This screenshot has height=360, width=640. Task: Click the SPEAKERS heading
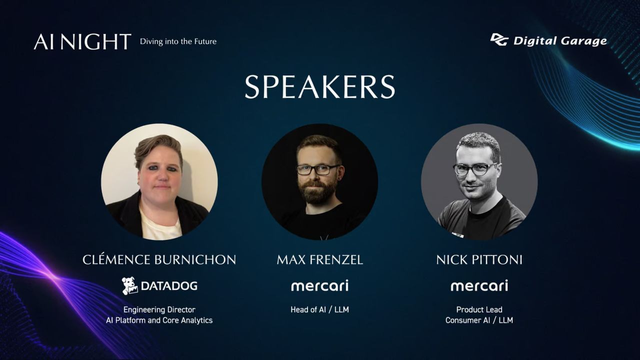coord(319,87)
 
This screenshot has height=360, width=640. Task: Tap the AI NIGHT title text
coord(82,41)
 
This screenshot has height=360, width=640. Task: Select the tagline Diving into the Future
coord(178,41)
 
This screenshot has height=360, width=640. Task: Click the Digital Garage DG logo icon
coord(499,39)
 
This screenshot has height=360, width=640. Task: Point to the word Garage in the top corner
coord(583,41)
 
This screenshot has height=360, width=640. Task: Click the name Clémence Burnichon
coord(159,259)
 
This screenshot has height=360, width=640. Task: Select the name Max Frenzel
coord(319,259)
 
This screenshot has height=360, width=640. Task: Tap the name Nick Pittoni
coord(479,259)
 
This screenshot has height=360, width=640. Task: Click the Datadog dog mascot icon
coord(129,285)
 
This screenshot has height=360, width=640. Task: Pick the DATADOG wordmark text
coord(169,285)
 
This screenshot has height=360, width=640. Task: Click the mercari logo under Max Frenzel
coord(319,285)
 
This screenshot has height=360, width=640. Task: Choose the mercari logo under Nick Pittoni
coord(479,285)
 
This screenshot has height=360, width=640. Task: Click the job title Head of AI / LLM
coord(319,309)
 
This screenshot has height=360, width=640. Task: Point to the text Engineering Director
coord(159,309)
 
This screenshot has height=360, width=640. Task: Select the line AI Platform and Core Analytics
coord(159,320)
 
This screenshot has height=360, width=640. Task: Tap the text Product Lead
coord(479,309)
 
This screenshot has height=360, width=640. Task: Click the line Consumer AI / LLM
coord(479,320)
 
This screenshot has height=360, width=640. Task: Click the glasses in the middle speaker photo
coord(317,169)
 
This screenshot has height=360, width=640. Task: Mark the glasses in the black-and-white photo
coord(475,169)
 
